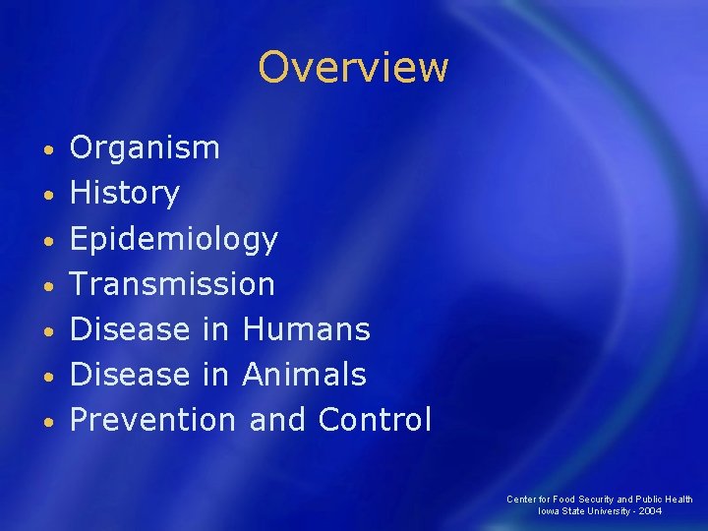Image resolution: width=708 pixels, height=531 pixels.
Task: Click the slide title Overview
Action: [353, 67]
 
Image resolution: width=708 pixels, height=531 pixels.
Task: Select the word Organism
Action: [145, 148]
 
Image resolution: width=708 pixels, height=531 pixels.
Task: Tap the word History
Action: [125, 194]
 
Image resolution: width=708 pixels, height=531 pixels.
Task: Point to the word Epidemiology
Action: [174, 239]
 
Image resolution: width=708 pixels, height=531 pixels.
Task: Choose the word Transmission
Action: [172, 284]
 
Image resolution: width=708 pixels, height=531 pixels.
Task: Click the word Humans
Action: [306, 329]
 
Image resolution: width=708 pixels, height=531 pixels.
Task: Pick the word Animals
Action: [303, 375]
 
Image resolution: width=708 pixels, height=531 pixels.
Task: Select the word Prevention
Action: [152, 420]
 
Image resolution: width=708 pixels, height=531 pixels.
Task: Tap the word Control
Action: [375, 420]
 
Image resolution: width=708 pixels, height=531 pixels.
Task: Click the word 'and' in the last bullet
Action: [277, 420]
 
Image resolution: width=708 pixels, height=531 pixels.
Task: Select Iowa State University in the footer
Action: [583, 511]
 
